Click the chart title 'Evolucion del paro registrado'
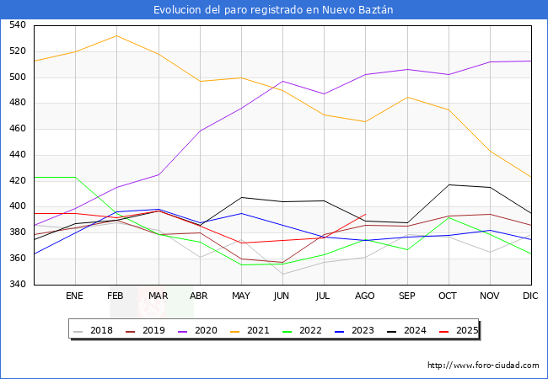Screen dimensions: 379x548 pos(273,10)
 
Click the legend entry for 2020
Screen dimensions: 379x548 pos(206,330)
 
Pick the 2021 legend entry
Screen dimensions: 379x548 pos(257,330)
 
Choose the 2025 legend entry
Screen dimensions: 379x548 pos(465,330)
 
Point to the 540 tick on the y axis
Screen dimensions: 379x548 pos(18,25)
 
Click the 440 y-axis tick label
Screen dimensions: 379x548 pos(18,155)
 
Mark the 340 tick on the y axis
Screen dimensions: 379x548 pos(18,285)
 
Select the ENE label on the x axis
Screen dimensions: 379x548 pos(75,296)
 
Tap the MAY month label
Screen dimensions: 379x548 pos(241,296)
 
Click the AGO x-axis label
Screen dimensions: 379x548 pos(365,296)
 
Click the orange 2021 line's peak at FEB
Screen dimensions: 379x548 pos(116,35)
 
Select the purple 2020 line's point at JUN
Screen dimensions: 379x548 pos(282,82)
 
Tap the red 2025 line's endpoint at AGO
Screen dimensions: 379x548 pos(365,214)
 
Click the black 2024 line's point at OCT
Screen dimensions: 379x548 pos(449,184)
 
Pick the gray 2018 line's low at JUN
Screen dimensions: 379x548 pos(282,274)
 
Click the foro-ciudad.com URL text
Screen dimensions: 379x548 pos(483,366)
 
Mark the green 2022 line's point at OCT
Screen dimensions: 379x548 pos(449,217)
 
